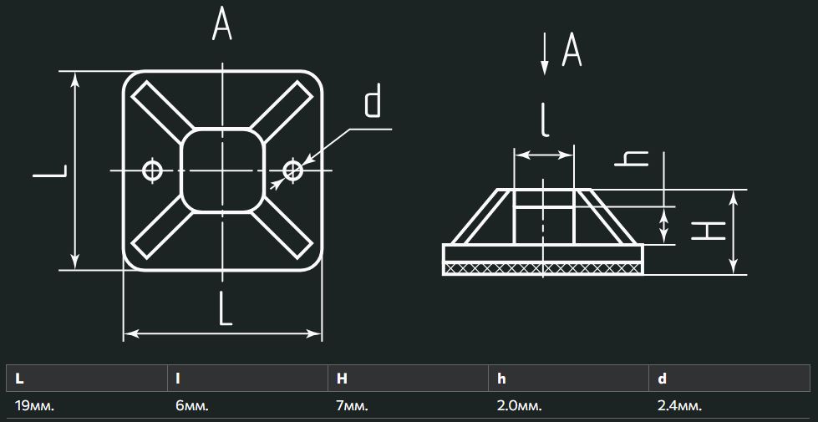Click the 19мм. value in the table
pyautogui.click(x=35, y=406)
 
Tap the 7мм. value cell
pyautogui.click(x=352, y=406)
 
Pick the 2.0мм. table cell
pyautogui.click(x=519, y=406)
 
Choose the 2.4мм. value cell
pyautogui.click(x=680, y=406)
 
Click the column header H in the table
pyautogui.click(x=342, y=379)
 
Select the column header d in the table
pyautogui.click(x=662, y=379)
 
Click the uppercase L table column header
pyautogui.click(x=19, y=379)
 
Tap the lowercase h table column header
pyautogui.click(x=501, y=379)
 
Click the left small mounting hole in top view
pyautogui.click(x=152, y=170)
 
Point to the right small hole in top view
pyautogui.click(x=292, y=170)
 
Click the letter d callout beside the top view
pyautogui.click(x=373, y=102)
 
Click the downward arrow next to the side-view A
pyautogui.click(x=544, y=53)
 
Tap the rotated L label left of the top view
pyautogui.click(x=50, y=171)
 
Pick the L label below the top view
pyautogui.click(x=225, y=309)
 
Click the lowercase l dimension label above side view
pyautogui.click(x=545, y=119)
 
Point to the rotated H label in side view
pyautogui.click(x=709, y=231)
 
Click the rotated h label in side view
pyautogui.click(x=631, y=159)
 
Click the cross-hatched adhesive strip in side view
pyautogui.click(x=542, y=268)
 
